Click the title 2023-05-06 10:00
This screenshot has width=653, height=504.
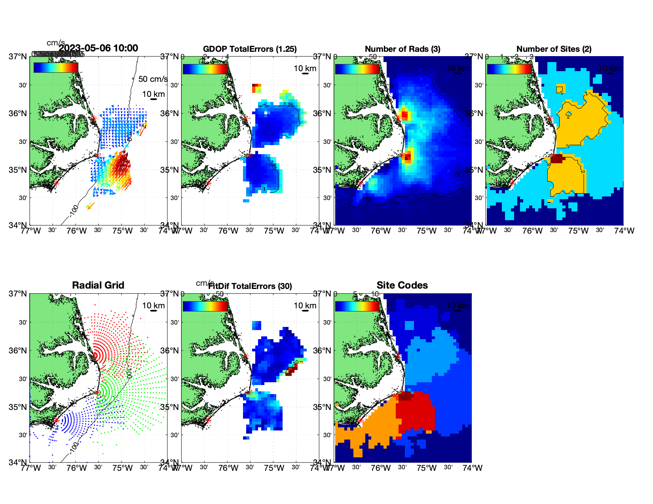(x=98, y=48)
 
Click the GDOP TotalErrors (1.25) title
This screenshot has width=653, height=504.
(x=250, y=49)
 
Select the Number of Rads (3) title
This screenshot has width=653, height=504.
(x=402, y=49)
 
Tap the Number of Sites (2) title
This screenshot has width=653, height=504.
(x=554, y=49)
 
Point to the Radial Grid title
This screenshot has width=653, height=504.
(x=98, y=285)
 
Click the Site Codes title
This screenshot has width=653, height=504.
(x=402, y=285)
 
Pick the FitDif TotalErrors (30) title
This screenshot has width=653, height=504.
(x=250, y=286)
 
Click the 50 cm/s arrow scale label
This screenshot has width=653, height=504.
(x=153, y=79)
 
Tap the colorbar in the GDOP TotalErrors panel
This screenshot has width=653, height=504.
(x=205, y=68)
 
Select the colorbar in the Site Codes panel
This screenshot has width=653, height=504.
(x=357, y=306)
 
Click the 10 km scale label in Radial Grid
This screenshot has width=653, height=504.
(x=153, y=306)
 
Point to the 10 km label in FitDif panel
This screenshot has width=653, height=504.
(x=305, y=306)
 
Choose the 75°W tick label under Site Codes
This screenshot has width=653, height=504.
(x=426, y=468)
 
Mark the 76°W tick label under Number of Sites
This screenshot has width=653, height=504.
(x=532, y=231)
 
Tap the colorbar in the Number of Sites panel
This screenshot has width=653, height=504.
(x=509, y=68)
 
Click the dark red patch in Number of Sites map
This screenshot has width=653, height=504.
(x=556, y=159)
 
